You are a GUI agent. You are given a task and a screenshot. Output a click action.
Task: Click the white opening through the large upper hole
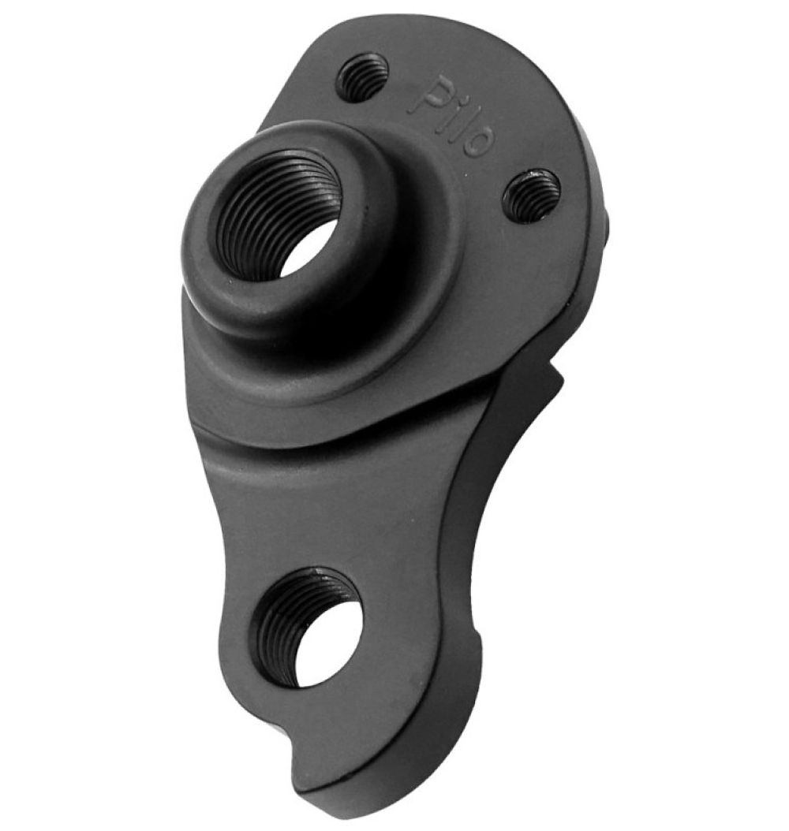[306, 249]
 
